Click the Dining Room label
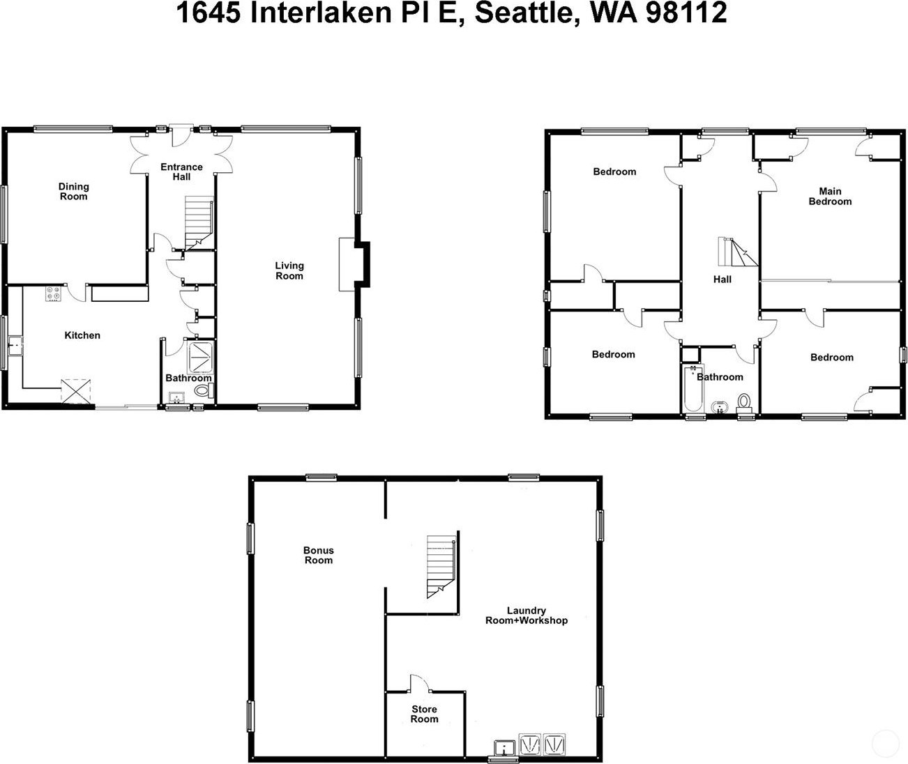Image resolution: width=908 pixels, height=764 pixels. (x=73, y=191)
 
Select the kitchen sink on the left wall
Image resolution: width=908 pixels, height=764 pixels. (x=16, y=346)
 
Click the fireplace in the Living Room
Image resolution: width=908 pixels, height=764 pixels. (x=347, y=264)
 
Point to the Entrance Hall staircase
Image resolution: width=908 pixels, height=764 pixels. (x=199, y=223)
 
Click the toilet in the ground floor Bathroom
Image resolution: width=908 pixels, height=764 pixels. (x=204, y=390)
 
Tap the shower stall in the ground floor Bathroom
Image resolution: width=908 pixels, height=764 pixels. (x=201, y=358)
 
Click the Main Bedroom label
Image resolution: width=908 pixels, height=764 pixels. (x=830, y=196)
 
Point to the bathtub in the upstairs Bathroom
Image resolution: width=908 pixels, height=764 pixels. (x=692, y=388)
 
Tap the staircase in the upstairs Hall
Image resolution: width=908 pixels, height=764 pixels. (x=738, y=252)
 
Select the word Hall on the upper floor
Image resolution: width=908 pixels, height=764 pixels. (x=722, y=279)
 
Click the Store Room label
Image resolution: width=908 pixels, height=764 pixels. (x=424, y=714)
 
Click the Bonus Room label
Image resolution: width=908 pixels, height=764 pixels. (x=318, y=555)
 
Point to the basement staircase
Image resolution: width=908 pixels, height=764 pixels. (x=441, y=567)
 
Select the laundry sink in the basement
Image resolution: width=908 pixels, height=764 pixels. (x=505, y=747)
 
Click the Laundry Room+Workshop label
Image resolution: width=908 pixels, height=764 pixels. (x=527, y=616)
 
